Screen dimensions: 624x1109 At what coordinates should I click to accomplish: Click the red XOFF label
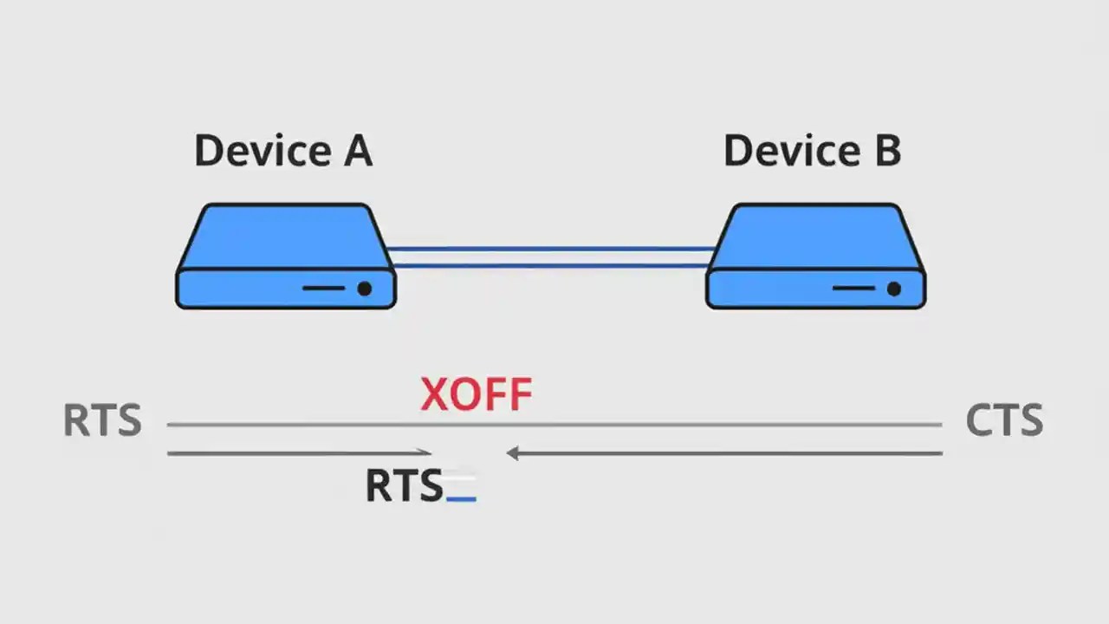476,395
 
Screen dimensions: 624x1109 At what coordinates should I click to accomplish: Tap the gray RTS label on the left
102,421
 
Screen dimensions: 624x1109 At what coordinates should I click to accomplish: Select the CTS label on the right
1004,421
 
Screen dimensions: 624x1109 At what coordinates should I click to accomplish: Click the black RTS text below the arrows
404,486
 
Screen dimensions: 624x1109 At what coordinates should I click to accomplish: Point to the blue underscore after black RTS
461,499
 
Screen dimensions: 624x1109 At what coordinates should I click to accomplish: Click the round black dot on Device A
365,289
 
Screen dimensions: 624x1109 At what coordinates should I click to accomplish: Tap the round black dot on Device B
894,289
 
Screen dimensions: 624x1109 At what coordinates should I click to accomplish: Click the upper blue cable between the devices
551,250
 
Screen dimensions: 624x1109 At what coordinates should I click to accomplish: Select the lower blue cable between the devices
551,265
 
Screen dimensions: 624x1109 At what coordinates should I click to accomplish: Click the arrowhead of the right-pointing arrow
425,452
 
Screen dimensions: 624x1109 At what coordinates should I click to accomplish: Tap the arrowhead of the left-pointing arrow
513,452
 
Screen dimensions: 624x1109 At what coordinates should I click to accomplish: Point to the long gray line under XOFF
554,425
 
